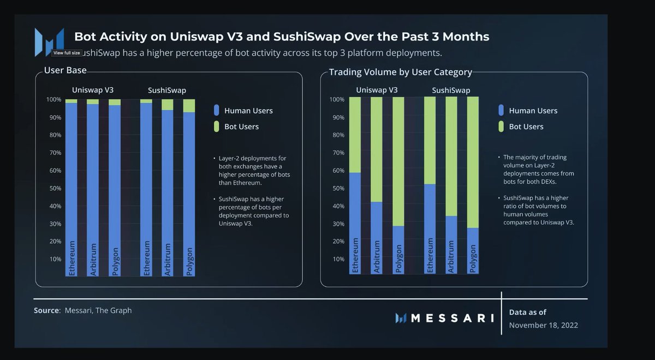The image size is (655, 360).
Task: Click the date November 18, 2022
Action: [543, 325]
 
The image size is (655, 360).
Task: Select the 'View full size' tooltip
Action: [67, 53]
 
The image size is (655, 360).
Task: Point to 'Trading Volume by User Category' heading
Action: [400, 72]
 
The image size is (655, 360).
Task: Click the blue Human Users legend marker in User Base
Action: [217, 110]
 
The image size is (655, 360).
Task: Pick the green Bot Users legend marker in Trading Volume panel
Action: [501, 127]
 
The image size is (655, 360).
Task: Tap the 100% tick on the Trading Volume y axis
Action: [337, 100]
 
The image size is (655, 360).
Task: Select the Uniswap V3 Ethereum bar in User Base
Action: [71, 185]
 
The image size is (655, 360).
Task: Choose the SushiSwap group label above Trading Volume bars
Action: [451, 90]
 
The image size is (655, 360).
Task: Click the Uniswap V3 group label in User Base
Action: [93, 89]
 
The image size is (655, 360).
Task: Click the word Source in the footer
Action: [46, 310]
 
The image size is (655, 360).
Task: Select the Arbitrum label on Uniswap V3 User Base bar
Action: [93, 259]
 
